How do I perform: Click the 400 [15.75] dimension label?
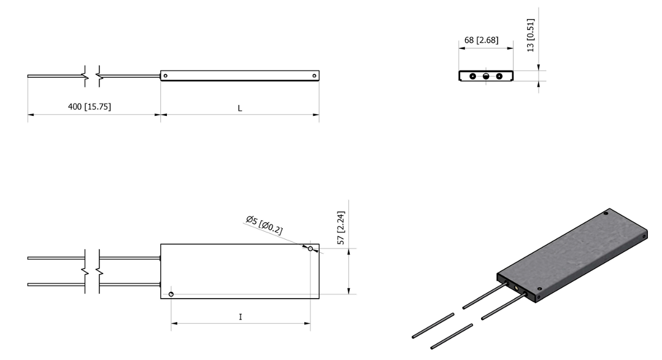[90, 106]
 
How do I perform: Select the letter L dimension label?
[240, 109]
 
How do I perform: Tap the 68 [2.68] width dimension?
[481, 40]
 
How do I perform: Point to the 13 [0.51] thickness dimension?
[531, 35]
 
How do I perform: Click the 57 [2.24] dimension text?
[341, 228]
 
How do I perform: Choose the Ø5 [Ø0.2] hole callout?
[264, 224]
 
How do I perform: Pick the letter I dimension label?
[241, 316]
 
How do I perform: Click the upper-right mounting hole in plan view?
[310, 249]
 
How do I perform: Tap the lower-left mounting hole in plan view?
[171, 294]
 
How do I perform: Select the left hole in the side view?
[166, 76]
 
